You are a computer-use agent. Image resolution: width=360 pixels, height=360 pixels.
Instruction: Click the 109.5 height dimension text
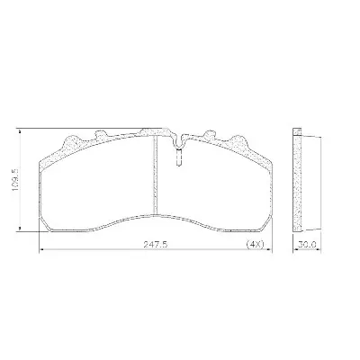(x=15, y=179)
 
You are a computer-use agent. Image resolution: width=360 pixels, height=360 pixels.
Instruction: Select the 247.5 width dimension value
(x=155, y=245)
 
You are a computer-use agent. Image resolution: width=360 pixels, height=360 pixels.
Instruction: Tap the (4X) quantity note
(x=255, y=245)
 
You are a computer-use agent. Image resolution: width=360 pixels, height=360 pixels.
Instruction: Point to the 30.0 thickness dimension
(x=307, y=245)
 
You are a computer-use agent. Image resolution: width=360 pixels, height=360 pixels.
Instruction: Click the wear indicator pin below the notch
(x=179, y=157)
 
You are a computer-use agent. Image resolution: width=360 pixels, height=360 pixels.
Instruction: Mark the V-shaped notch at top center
(x=179, y=140)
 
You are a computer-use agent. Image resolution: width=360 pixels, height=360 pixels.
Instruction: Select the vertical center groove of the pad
(x=155, y=175)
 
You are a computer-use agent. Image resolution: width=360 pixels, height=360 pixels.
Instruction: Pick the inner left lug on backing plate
(x=102, y=135)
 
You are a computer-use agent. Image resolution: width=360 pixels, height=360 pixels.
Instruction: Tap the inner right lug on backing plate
(x=210, y=135)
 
